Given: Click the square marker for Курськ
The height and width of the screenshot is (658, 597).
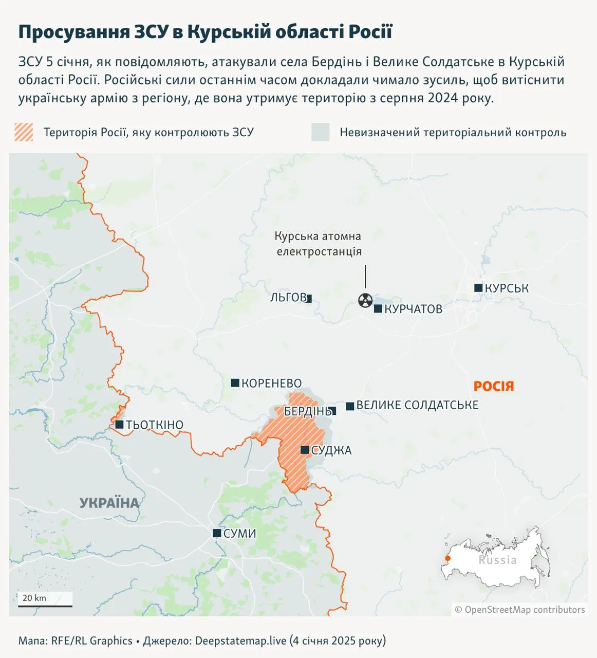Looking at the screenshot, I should pyautogui.click(x=478, y=288).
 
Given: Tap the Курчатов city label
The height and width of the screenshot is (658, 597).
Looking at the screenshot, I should pyautogui.click(x=413, y=309).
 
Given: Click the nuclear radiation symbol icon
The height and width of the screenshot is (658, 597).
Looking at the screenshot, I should pyautogui.click(x=365, y=300).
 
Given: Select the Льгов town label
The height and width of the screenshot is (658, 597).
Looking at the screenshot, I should pyautogui.click(x=288, y=297).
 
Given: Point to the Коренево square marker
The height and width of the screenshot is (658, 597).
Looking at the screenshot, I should pyautogui.click(x=235, y=383).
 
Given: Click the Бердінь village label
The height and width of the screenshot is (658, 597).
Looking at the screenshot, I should pyautogui.click(x=307, y=411).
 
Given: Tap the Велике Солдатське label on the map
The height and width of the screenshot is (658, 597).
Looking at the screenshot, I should pyautogui.click(x=417, y=405).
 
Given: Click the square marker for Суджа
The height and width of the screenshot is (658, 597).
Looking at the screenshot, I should pyautogui.click(x=305, y=450).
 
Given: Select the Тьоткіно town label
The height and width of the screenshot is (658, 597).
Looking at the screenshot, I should pyautogui.click(x=154, y=425).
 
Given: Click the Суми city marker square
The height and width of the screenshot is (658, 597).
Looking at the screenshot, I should pyautogui.click(x=217, y=533).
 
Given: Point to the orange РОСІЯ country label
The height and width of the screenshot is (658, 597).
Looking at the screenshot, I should pyautogui.click(x=493, y=386).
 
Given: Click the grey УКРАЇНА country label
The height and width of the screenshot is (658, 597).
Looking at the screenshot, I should pyautogui.click(x=109, y=503).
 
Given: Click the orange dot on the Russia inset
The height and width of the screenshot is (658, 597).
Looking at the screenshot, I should pyautogui.click(x=447, y=558).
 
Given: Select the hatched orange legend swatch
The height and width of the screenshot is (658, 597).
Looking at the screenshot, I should pyautogui.click(x=24, y=132).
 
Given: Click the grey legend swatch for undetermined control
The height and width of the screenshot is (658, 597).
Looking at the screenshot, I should pyautogui.click(x=320, y=132).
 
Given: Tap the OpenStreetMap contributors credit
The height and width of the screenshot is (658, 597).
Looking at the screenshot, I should pyautogui.click(x=520, y=610).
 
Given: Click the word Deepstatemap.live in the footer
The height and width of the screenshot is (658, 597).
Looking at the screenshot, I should pyautogui.click(x=240, y=641).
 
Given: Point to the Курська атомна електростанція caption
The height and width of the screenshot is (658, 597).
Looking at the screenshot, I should pyautogui.click(x=319, y=244).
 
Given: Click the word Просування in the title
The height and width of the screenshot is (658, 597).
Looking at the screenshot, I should pyautogui.click(x=74, y=31).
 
